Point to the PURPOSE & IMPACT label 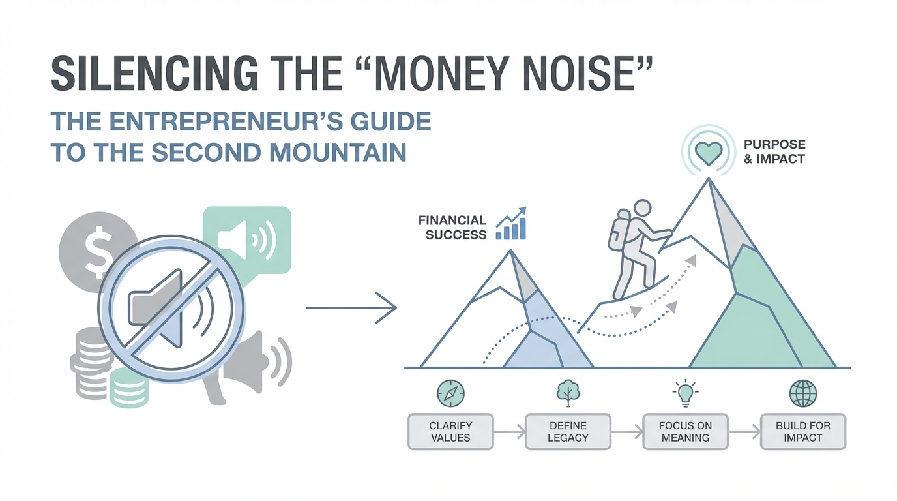click(x=774, y=151)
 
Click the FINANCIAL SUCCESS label click(x=452, y=227)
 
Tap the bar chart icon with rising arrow click(x=511, y=224)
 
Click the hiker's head click(x=642, y=209)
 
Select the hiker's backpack click(x=619, y=230)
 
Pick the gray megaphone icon click(x=248, y=367)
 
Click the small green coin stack click(x=129, y=387)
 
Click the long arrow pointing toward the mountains click(x=351, y=307)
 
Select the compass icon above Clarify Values click(x=450, y=393)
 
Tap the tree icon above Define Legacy click(x=568, y=393)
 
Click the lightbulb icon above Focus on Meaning click(x=685, y=393)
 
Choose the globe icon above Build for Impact click(x=803, y=393)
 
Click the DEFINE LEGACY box click(x=568, y=432)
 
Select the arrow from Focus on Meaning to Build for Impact click(x=744, y=432)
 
